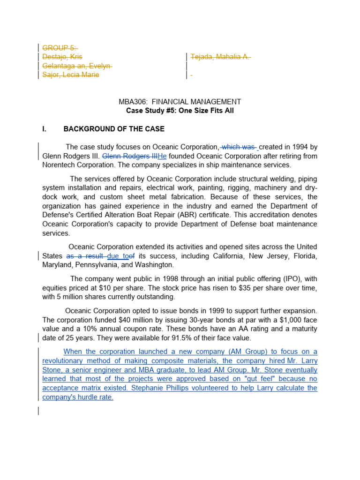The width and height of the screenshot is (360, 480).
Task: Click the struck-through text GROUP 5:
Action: [x=60, y=48]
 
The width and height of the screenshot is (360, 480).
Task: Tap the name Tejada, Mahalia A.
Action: [x=220, y=57]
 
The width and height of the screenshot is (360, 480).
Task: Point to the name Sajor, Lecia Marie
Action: [x=71, y=75]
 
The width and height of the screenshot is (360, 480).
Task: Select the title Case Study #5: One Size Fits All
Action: [x=180, y=111]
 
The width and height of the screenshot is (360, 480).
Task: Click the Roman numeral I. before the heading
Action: [x=45, y=129]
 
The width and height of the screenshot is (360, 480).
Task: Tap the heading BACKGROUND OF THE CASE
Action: [x=114, y=129]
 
